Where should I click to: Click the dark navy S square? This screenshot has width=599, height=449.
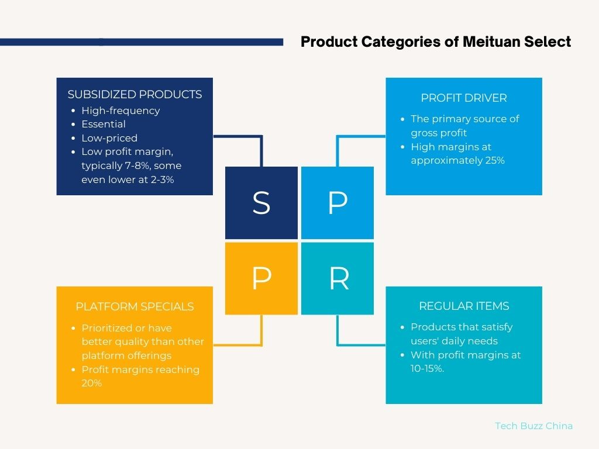click(261, 203)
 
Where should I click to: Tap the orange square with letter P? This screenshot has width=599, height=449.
click(261, 278)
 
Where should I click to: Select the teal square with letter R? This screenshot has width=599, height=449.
click(338, 278)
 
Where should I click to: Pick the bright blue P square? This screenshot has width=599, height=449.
click(338, 203)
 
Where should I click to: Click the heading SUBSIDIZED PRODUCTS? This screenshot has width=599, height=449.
click(135, 94)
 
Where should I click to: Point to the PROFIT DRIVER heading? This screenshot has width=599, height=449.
click(464, 98)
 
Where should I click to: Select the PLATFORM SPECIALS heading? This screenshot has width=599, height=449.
click(135, 306)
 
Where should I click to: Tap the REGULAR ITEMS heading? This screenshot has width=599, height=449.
click(464, 306)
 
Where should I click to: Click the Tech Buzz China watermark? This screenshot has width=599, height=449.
click(533, 426)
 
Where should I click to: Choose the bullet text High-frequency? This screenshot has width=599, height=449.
click(121, 110)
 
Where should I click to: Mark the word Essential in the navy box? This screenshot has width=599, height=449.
click(104, 124)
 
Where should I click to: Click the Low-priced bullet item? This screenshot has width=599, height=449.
click(109, 138)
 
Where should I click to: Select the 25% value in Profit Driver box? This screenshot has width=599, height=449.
click(495, 160)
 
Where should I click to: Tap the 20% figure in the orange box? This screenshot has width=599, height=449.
click(92, 383)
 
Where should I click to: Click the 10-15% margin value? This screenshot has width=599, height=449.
click(427, 368)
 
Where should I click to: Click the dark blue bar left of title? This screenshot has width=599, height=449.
click(142, 42)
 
